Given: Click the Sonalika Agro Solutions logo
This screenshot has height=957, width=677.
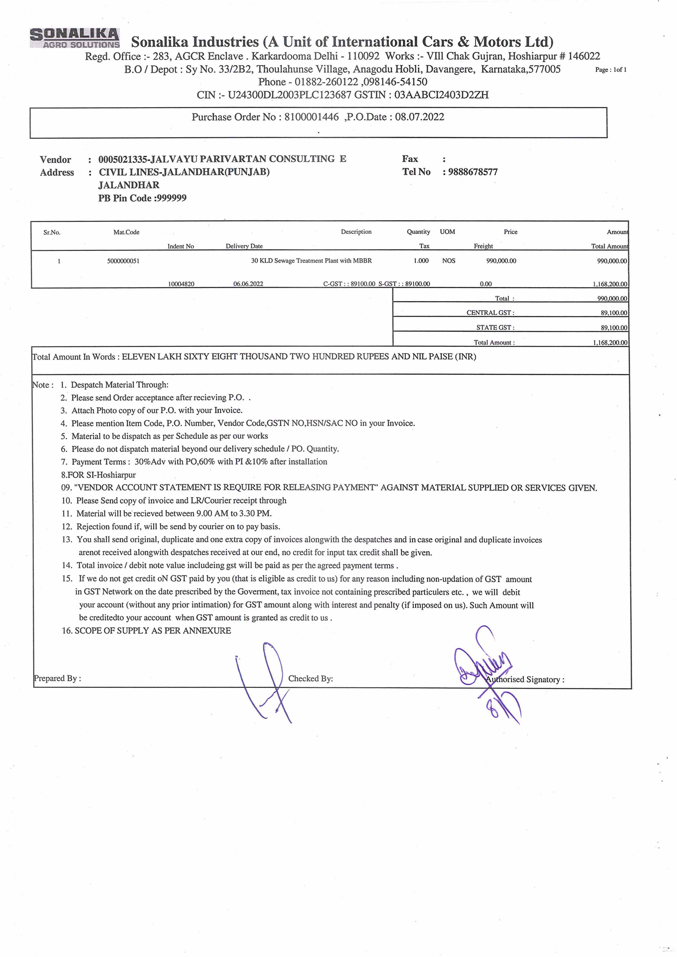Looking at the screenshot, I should [x=75, y=38].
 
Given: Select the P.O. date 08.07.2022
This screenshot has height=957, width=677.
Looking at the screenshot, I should [x=419, y=117].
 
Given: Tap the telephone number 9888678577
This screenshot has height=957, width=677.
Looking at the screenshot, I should [x=473, y=172].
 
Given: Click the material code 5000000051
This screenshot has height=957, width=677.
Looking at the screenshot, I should [x=123, y=261].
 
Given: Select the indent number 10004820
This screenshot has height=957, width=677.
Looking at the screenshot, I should [x=181, y=284].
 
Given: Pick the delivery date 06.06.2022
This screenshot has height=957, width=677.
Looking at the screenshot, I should [x=248, y=284].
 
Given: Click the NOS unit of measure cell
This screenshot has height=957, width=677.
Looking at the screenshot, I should [x=448, y=261].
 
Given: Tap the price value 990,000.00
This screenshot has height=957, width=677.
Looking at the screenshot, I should [x=501, y=261].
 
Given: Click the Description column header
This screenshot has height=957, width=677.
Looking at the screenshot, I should [x=356, y=232].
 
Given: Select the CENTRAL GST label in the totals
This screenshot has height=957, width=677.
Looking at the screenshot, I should [x=490, y=313].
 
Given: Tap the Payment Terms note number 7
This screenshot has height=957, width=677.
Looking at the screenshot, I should [x=64, y=462].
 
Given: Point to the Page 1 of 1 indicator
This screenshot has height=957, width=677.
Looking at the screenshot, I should [x=611, y=70].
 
